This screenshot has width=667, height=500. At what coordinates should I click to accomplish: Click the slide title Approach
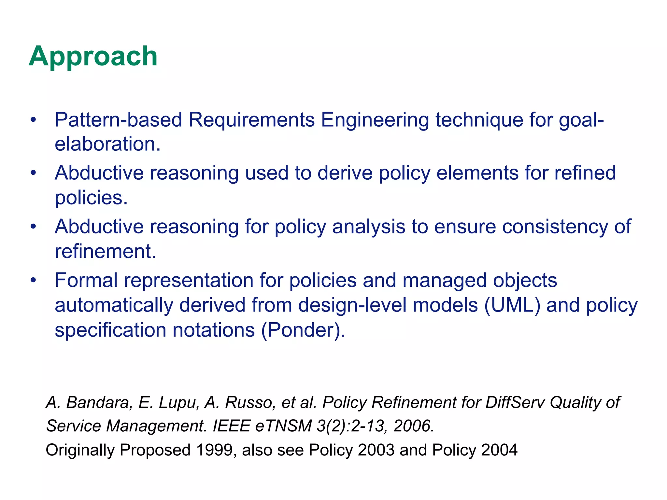93,56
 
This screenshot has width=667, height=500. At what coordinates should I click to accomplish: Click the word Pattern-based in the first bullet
118,120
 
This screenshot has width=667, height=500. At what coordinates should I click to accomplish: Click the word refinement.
105,251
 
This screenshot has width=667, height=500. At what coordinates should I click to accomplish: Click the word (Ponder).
303,330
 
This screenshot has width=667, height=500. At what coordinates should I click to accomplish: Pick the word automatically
114,305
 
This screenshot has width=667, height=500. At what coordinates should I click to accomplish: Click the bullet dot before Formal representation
33,280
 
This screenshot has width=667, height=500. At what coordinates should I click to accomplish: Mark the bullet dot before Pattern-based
33,120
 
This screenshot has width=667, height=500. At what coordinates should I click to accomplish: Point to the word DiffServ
515,402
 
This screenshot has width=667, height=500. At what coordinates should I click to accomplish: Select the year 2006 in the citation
414,426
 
